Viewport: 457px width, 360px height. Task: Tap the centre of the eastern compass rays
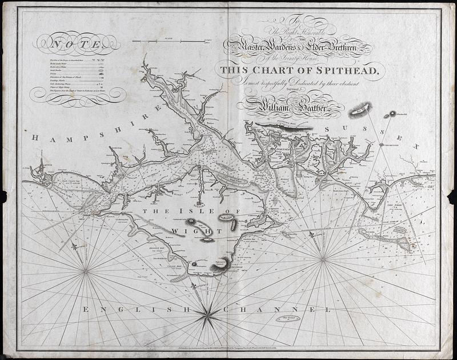pyautogui.click(x=323, y=258)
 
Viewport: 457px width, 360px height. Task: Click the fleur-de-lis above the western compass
pyautogui.click(x=75, y=246)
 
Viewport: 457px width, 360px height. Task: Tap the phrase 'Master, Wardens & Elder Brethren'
pyautogui.click(x=298, y=48)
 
